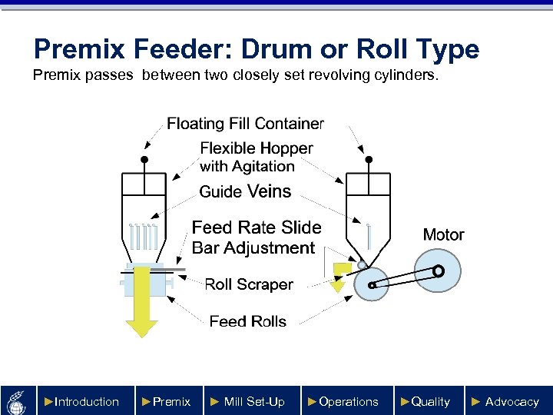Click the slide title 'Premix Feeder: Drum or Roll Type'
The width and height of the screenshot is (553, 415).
(x=257, y=50)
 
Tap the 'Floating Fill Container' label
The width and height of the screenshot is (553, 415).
(x=245, y=124)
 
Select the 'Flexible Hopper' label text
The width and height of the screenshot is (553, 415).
(x=257, y=148)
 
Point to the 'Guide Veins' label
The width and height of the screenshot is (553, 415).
(x=245, y=191)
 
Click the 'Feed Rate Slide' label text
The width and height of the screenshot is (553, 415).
(x=257, y=227)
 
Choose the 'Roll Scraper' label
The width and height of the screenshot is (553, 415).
(x=249, y=284)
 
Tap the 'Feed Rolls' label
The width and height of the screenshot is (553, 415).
(x=248, y=321)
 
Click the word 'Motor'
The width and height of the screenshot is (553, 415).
(x=443, y=234)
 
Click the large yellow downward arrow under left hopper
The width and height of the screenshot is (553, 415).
(x=141, y=300)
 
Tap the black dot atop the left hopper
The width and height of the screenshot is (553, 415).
(x=144, y=160)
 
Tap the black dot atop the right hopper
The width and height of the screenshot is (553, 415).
(x=369, y=160)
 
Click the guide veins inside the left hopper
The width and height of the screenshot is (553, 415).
(x=144, y=236)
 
